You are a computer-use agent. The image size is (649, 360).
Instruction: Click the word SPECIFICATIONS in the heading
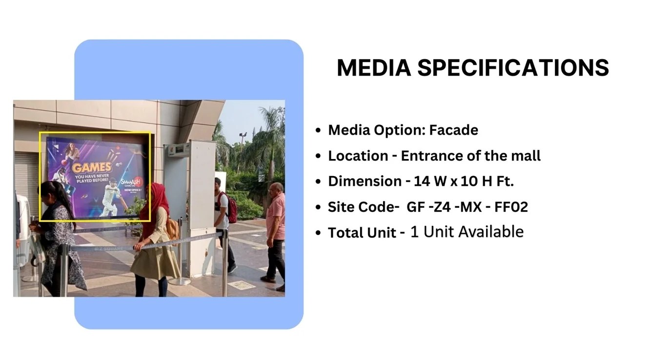[513, 68]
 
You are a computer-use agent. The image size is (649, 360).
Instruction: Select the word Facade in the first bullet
[453, 130]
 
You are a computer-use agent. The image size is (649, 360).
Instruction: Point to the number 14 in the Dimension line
[421, 181]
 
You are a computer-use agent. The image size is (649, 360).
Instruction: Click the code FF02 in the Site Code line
[510, 207]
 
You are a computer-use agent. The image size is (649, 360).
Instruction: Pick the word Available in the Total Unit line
[490, 232]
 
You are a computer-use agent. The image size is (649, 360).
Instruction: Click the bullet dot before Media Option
[318, 131]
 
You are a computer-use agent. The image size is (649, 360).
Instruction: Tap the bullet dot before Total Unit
[318, 233]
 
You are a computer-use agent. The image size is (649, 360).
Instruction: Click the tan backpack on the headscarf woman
[172, 228]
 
